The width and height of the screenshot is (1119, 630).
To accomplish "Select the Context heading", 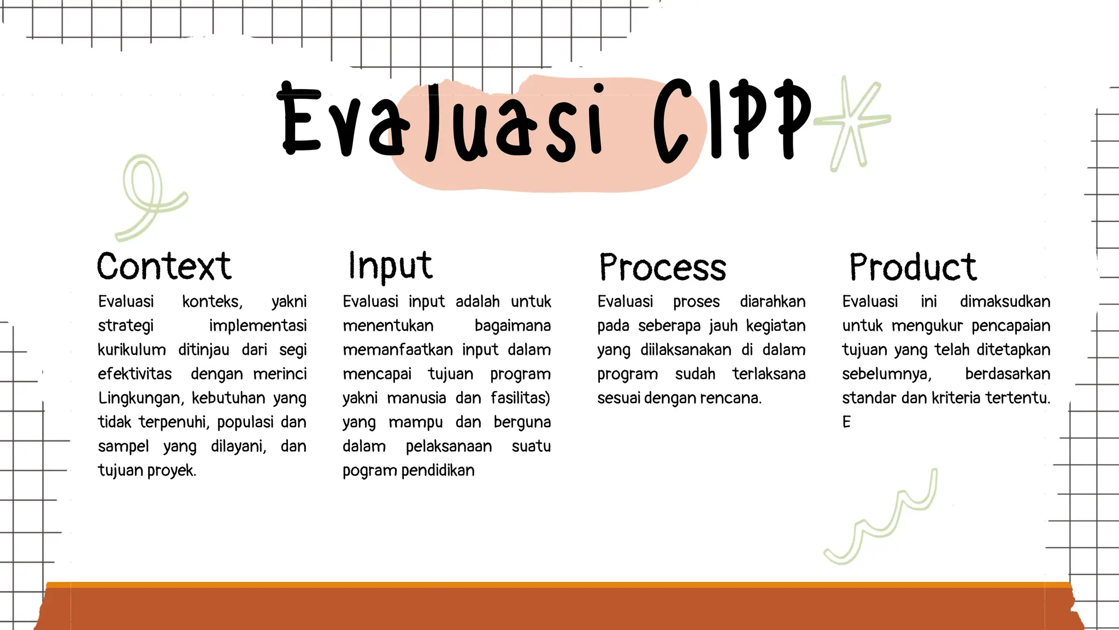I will tap(164, 267).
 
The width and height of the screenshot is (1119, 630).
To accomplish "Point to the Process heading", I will tap(662, 267).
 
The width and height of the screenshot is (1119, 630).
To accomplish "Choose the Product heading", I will tap(912, 267).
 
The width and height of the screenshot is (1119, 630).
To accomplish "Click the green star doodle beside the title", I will tap(852, 123).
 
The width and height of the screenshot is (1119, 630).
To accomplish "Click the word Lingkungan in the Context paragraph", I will tap(139, 398).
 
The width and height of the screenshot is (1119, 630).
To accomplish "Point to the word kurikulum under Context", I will tap(132, 350).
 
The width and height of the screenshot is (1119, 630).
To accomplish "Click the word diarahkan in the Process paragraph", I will tap(773, 302).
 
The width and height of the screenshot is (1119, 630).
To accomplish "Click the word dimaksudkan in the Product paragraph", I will tap(1005, 302).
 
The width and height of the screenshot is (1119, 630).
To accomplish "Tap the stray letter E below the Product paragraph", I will tap(846, 422).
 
